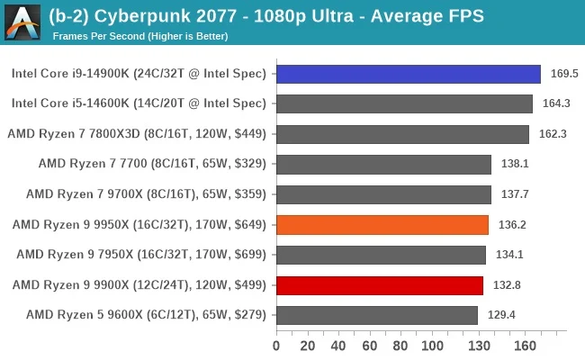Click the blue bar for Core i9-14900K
408,74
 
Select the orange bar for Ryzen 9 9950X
382,225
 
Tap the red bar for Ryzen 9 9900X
380,285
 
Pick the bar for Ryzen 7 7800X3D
402,134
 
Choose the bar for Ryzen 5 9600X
377,316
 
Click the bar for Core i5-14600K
404,103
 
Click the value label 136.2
508,225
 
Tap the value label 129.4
498,316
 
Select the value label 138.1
510,165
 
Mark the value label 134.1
506,255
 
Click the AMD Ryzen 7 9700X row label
146,194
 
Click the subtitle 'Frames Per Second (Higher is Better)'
140,36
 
